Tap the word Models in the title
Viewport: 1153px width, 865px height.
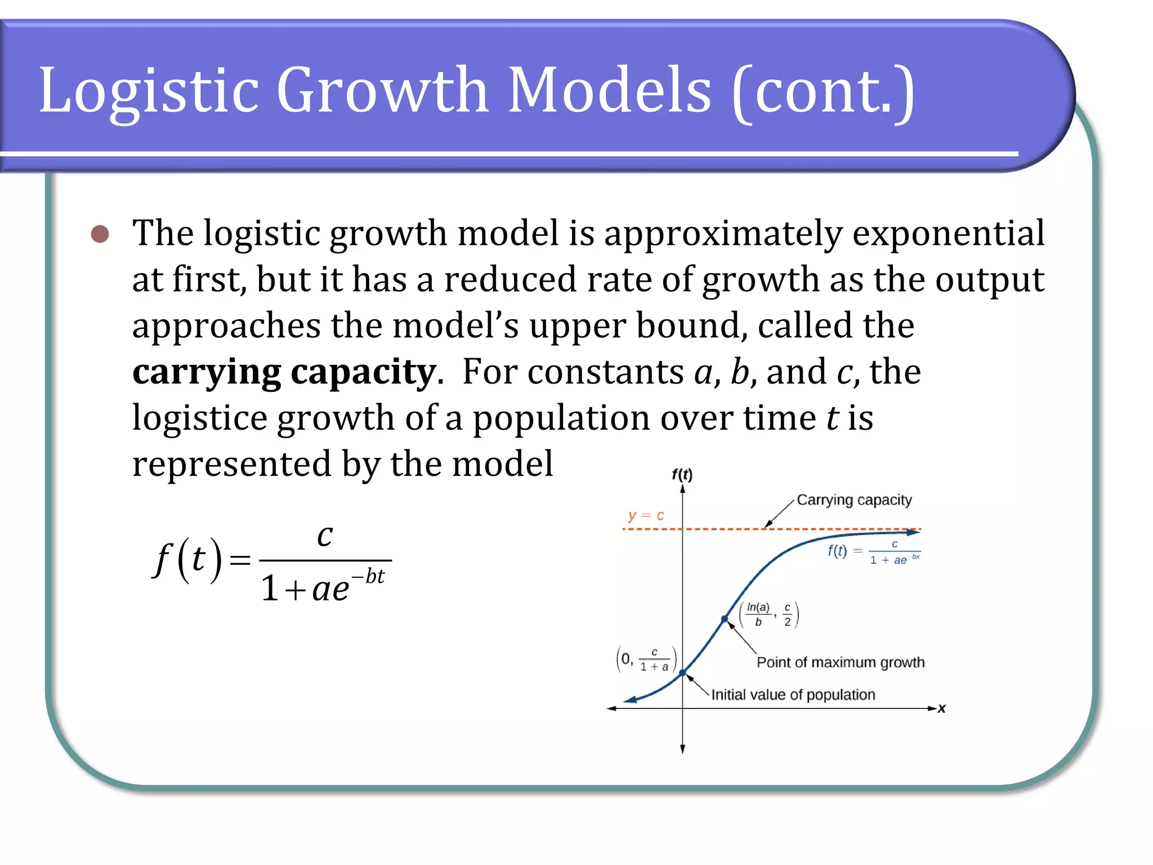[x=609, y=90]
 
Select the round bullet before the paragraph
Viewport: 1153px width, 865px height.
[x=100, y=234]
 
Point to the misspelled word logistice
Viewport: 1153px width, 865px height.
[x=199, y=418]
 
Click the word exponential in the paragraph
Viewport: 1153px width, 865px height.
[x=948, y=233]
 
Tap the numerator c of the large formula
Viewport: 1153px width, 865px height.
[x=325, y=535]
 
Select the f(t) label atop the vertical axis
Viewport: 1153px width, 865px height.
[x=682, y=474]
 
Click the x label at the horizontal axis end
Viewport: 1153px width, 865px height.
[x=941, y=708]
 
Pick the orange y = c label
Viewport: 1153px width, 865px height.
[x=646, y=515]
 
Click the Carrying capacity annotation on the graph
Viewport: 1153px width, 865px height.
[x=853, y=500]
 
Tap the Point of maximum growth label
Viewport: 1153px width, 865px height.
[x=840, y=662]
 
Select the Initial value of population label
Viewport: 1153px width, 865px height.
[x=793, y=695]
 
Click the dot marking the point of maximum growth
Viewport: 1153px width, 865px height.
[x=725, y=619]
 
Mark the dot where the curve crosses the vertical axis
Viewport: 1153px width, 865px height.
[x=682, y=673]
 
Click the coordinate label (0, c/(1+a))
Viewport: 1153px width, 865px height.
[x=646, y=659]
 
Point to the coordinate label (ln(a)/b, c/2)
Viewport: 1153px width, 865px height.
[x=769, y=614]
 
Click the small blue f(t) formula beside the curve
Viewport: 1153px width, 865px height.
[x=873, y=552]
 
